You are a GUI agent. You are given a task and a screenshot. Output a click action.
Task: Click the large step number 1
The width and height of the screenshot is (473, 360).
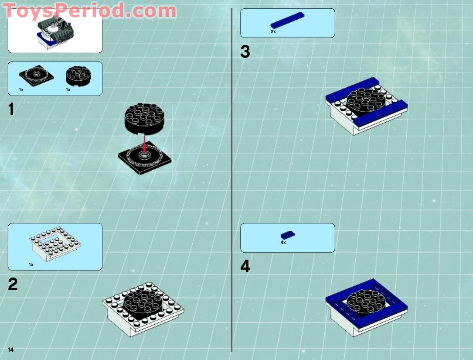(x=11, y=110)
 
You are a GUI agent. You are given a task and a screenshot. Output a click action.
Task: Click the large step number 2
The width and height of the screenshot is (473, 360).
(x=13, y=285)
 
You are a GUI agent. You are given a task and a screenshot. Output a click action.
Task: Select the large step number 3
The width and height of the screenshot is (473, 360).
(x=245, y=52)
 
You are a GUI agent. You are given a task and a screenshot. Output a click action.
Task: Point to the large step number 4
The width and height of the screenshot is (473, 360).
(x=245, y=266)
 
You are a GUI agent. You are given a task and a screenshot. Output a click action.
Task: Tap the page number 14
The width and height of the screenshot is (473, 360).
(x=10, y=350)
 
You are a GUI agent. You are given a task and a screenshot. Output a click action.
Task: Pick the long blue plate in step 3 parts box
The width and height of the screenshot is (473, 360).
(x=287, y=21)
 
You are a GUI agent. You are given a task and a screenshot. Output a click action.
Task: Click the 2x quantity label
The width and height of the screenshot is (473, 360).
(x=273, y=32)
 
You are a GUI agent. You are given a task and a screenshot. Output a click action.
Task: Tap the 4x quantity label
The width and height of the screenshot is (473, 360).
(x=283, y=242)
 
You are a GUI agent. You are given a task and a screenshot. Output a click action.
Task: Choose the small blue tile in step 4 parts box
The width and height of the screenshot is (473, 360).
(x=288, y=235)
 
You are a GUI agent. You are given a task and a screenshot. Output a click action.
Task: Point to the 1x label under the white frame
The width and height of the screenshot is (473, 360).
(x=31, y=264)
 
